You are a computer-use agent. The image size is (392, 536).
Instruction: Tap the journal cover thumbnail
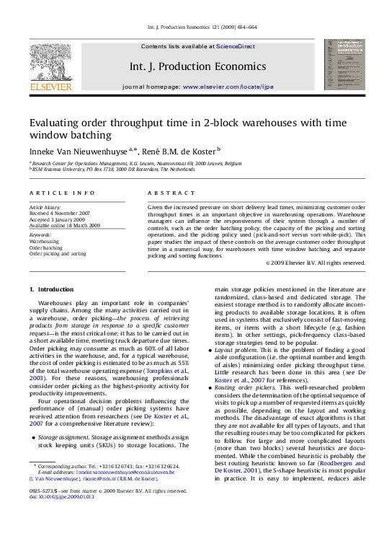point(344,64)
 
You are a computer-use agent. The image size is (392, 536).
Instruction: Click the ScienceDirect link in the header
point(236,46)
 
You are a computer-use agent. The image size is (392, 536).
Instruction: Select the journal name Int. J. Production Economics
point(197,66)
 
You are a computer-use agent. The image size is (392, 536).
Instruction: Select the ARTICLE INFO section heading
point(62,193)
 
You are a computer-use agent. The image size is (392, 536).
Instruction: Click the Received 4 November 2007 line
point(60,214)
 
